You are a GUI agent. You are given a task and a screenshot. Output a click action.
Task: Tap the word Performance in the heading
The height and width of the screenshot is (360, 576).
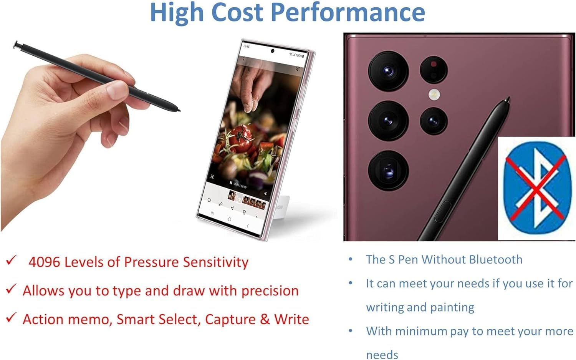point(348,12)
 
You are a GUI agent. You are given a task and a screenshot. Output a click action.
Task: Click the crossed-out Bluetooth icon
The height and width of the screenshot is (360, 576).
point(536,188)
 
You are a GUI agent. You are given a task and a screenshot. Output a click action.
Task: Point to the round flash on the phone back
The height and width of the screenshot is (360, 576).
point(434,93)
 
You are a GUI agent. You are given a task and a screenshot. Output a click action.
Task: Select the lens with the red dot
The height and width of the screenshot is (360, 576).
point(434,69)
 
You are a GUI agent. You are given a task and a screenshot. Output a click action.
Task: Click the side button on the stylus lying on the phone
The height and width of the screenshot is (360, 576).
point(442,211)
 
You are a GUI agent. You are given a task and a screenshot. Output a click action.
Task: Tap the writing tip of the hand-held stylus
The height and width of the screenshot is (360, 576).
point(179,111)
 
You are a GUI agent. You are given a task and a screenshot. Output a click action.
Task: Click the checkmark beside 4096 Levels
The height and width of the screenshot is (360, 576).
point(11,260)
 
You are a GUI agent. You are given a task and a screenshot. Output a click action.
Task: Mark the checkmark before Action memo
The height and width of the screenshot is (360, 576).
point(11,318)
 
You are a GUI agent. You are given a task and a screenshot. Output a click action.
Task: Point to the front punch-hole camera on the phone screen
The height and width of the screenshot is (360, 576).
point(273,51)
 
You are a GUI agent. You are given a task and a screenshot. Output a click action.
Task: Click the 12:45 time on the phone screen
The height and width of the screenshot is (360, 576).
point(247,46)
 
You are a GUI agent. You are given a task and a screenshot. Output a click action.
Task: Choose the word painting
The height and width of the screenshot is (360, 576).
point(452,307)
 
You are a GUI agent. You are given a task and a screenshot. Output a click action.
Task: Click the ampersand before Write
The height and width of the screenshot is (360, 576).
point(265,319)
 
